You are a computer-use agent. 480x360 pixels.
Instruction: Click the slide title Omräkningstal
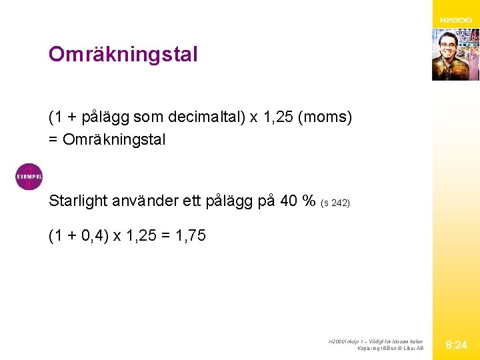[x=123, y=54]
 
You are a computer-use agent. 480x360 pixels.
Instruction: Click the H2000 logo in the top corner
[x=455, y=21]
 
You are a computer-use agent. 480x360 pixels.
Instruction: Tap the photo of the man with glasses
[x=455, y=55]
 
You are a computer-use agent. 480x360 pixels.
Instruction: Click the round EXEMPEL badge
[x=29, y=177]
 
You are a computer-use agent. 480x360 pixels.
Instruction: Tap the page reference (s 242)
[x=335, y=203]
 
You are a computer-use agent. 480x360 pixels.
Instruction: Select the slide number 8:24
[x=456, y=345]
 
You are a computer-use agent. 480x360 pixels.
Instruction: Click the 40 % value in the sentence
[x=299, y=201]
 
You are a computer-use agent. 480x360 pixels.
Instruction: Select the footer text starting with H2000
[x=375, y=341]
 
